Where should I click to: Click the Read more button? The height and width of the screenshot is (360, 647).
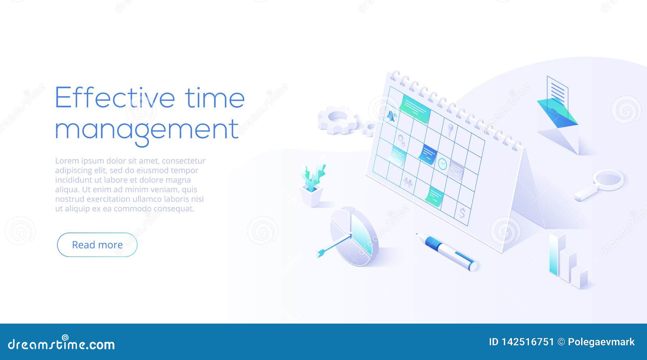point(97,245)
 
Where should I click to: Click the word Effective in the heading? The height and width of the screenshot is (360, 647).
point(115,97)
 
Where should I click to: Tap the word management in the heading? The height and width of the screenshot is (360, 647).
point(147,129)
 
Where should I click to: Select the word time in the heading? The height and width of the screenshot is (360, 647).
point(215,97)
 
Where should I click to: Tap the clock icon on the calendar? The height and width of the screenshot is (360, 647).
point(443,163)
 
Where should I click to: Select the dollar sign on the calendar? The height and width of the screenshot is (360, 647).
point(463,212)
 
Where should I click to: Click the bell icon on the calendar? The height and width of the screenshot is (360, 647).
point(391,116)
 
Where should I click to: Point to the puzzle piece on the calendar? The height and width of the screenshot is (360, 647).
point(408,182)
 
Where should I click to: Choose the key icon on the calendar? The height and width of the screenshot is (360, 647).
point(450,129)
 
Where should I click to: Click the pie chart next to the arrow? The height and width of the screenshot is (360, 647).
point(354,237)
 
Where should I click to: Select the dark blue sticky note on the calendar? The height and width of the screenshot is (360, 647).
point(427,154)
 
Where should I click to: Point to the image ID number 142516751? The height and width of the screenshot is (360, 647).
point(528,342)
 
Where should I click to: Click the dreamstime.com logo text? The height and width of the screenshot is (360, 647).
point(61,344)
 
